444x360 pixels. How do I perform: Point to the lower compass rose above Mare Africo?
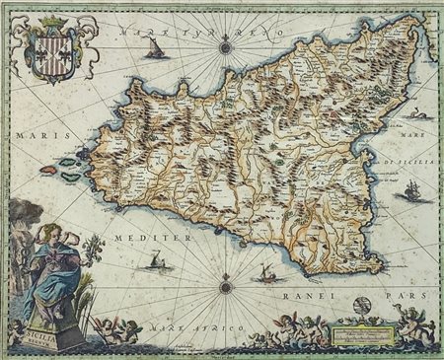(226, 287)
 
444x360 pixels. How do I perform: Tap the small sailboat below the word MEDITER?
(156, 262)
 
